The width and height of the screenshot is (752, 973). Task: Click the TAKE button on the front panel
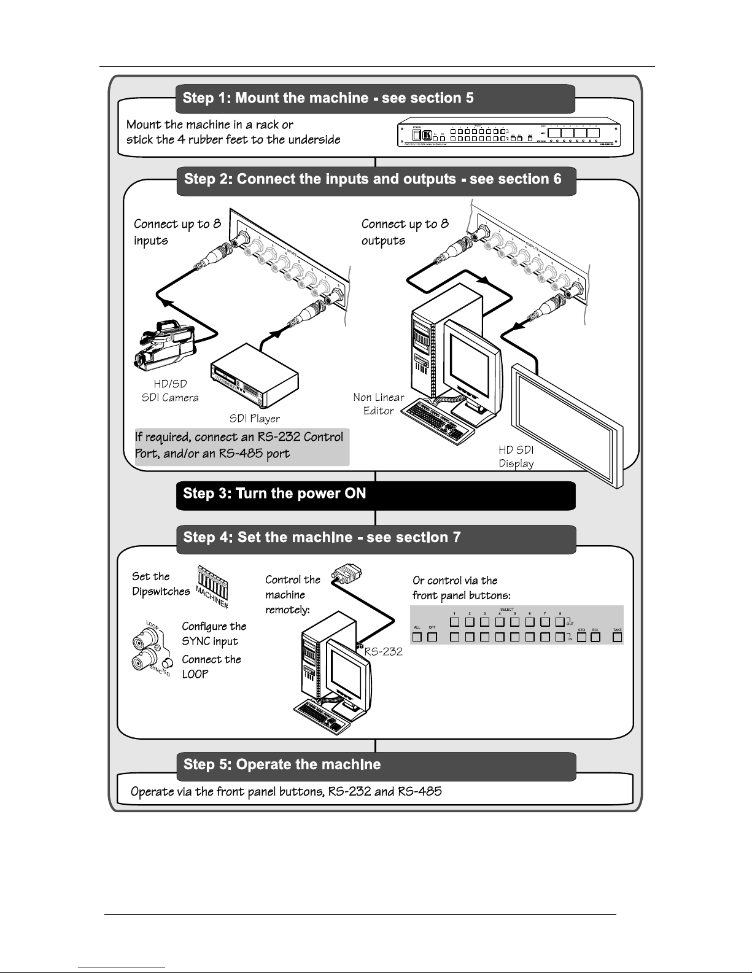click(x=617, y=637)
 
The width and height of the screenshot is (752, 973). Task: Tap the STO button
click(x=581, y=637)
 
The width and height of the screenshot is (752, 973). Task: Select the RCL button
click(x=595, y=637)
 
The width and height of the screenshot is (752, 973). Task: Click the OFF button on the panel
click(x=432, y=637)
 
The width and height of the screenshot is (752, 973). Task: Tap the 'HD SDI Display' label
click(x=516, y=457)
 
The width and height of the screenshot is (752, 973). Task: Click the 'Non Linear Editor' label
click(x=378, y=404)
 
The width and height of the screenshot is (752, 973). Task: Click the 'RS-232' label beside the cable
click(x=384, y=651)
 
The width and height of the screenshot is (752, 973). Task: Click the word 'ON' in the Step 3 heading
click(x=355, y=494)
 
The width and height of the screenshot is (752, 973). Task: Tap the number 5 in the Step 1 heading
click(x=469, y=98)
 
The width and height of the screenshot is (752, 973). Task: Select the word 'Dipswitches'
click(x=161, y=592)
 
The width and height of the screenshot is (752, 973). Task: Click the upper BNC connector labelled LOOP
click(x=141, y=643)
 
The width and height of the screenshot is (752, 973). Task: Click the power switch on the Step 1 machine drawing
click(x=416, y=135)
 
